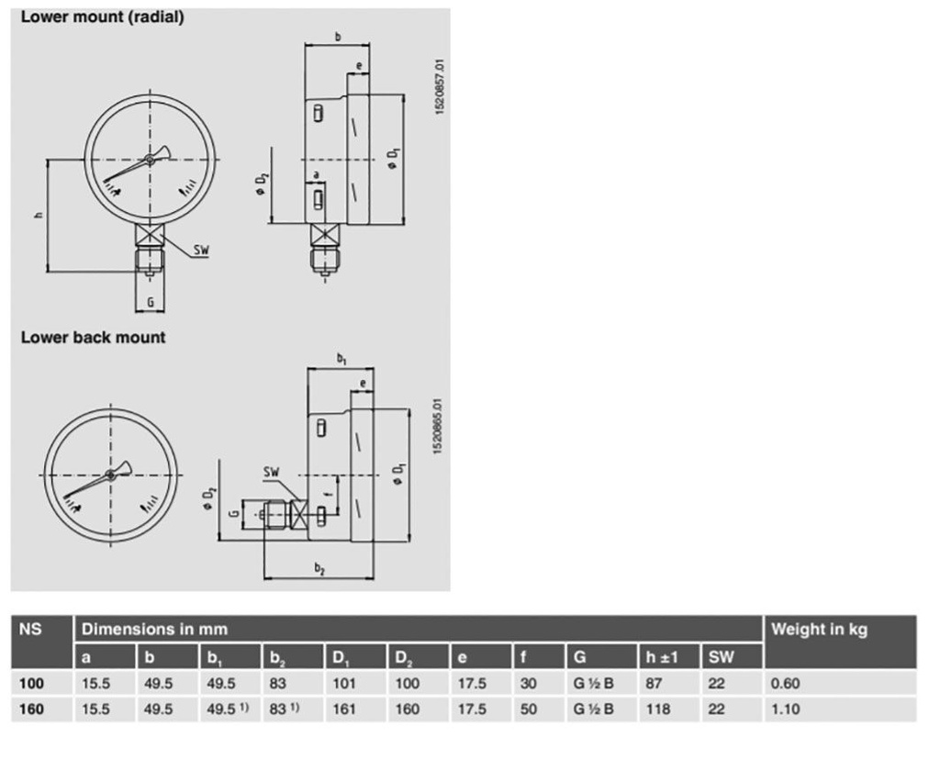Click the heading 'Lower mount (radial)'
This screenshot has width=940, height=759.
point(103,17)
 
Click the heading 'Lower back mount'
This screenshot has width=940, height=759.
point(93,338)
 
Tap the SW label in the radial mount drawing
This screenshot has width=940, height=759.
point(201,250)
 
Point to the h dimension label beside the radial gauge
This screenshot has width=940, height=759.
point(39,215)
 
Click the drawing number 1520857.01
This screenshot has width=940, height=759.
point(440,86)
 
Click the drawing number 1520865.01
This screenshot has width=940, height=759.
point(438,426)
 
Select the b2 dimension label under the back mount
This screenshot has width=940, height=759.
point(319,568)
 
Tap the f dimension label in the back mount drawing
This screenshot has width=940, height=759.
point(328,494)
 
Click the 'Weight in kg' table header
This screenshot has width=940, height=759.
point(819,630)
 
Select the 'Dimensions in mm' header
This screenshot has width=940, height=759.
point(154,630)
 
